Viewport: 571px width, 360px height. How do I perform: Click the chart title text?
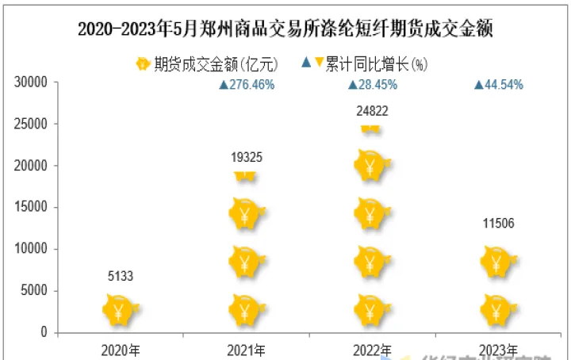(285, 29)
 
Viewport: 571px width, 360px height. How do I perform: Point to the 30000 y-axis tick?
(34, 82)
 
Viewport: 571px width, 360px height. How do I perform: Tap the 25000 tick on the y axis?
(34, 124)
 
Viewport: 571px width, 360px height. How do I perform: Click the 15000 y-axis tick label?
(34, 208)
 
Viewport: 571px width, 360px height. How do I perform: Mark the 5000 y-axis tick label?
(37, 291)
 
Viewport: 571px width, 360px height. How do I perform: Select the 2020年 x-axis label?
(121, 349)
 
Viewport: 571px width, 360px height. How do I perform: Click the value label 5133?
(120, 276)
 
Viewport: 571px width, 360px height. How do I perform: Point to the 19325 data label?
(246, 158)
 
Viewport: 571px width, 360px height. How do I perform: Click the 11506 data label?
(498, 223)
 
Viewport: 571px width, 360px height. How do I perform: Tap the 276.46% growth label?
(247, 85)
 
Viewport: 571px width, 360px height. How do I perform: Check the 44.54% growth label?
(499, 85)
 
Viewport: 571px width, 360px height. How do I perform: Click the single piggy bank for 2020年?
(120, 309)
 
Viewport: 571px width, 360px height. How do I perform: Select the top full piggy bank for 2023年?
(497, 261)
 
